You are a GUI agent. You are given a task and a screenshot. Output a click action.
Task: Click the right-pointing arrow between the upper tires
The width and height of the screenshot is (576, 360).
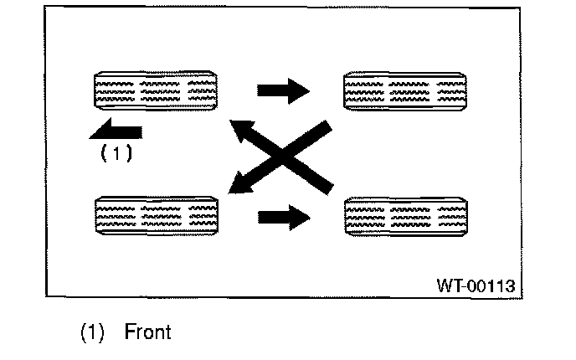pos(283,90)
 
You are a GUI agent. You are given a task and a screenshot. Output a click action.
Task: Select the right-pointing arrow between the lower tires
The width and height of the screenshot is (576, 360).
pos(283,217)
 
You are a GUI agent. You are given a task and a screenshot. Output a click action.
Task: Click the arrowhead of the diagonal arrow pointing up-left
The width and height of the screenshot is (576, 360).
pos(242,131)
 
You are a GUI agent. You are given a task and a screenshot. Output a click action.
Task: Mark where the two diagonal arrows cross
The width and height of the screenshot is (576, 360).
pos(283,157)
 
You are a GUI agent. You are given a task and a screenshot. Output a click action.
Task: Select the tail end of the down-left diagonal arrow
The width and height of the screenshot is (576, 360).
pos(327,127)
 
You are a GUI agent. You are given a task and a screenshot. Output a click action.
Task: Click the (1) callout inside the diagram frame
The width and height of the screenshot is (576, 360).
pos(115,153)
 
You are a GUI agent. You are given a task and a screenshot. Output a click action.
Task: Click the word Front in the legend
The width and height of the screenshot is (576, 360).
pos(147,332)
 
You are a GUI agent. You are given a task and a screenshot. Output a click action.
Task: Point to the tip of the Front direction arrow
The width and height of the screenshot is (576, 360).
pos(89,129)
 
